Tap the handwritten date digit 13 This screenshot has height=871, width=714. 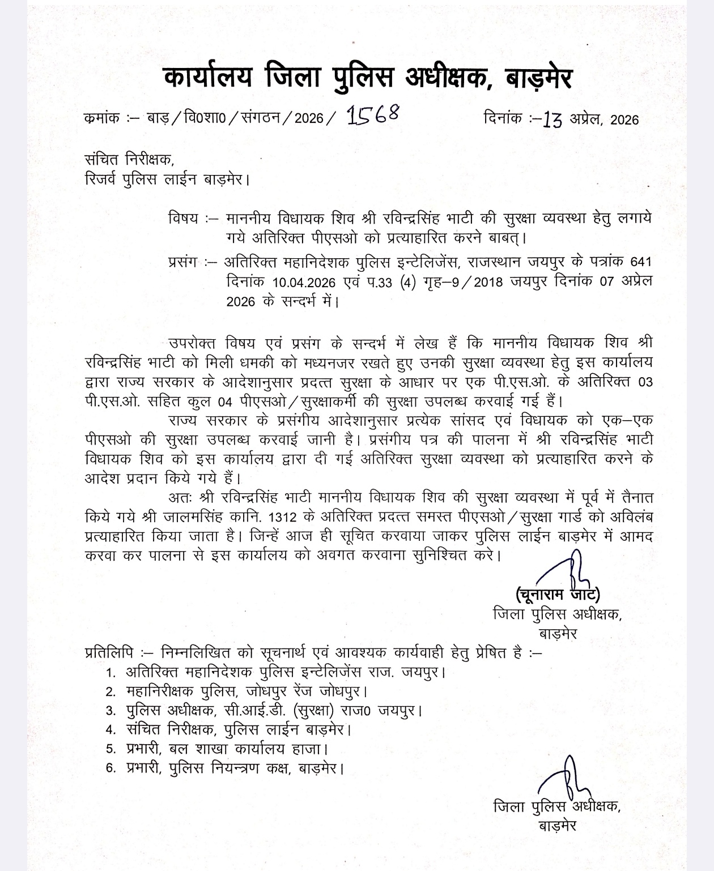(x=552, y=119)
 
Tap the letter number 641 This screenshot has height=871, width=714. (x=640, y=262)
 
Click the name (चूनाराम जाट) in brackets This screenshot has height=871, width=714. (x=558, y=595)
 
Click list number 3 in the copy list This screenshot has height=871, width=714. (x=111, y=711)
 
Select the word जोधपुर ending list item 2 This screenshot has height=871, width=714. (x=342, y=692)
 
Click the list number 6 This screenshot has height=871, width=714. (x=111, y=768)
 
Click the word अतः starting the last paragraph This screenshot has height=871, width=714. (x=181, y=497)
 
